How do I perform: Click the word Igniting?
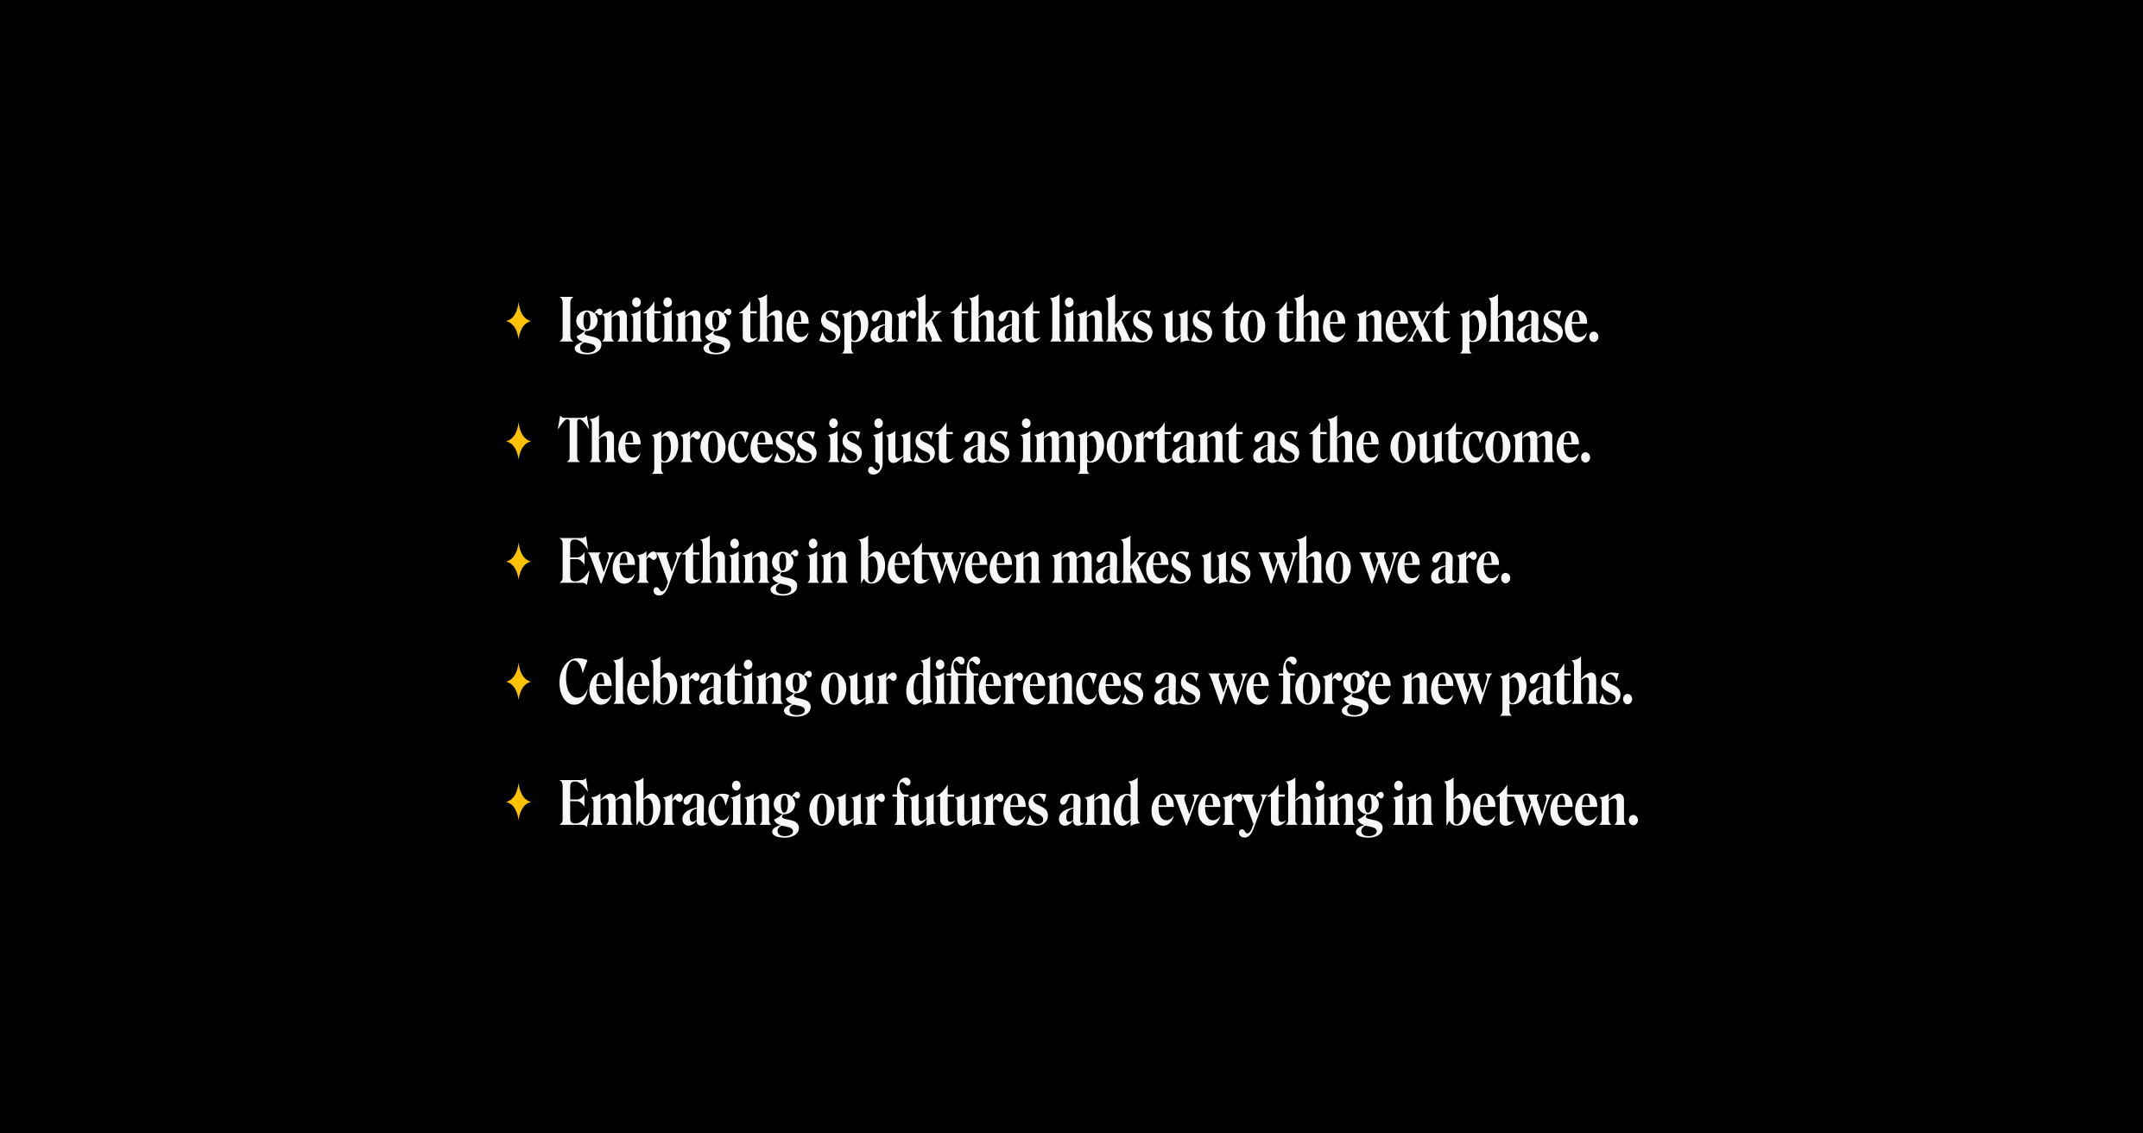coord(644,323)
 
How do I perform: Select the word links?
coord(1101,321)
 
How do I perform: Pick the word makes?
coord(1122,563)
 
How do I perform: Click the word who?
coord(1305,563)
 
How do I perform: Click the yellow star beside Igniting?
coord(518,321)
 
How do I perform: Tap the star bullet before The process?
coord(518,442)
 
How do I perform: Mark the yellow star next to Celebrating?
coord(518,683)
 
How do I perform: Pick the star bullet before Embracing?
coord(518,803)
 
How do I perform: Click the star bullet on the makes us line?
coord(518,562)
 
